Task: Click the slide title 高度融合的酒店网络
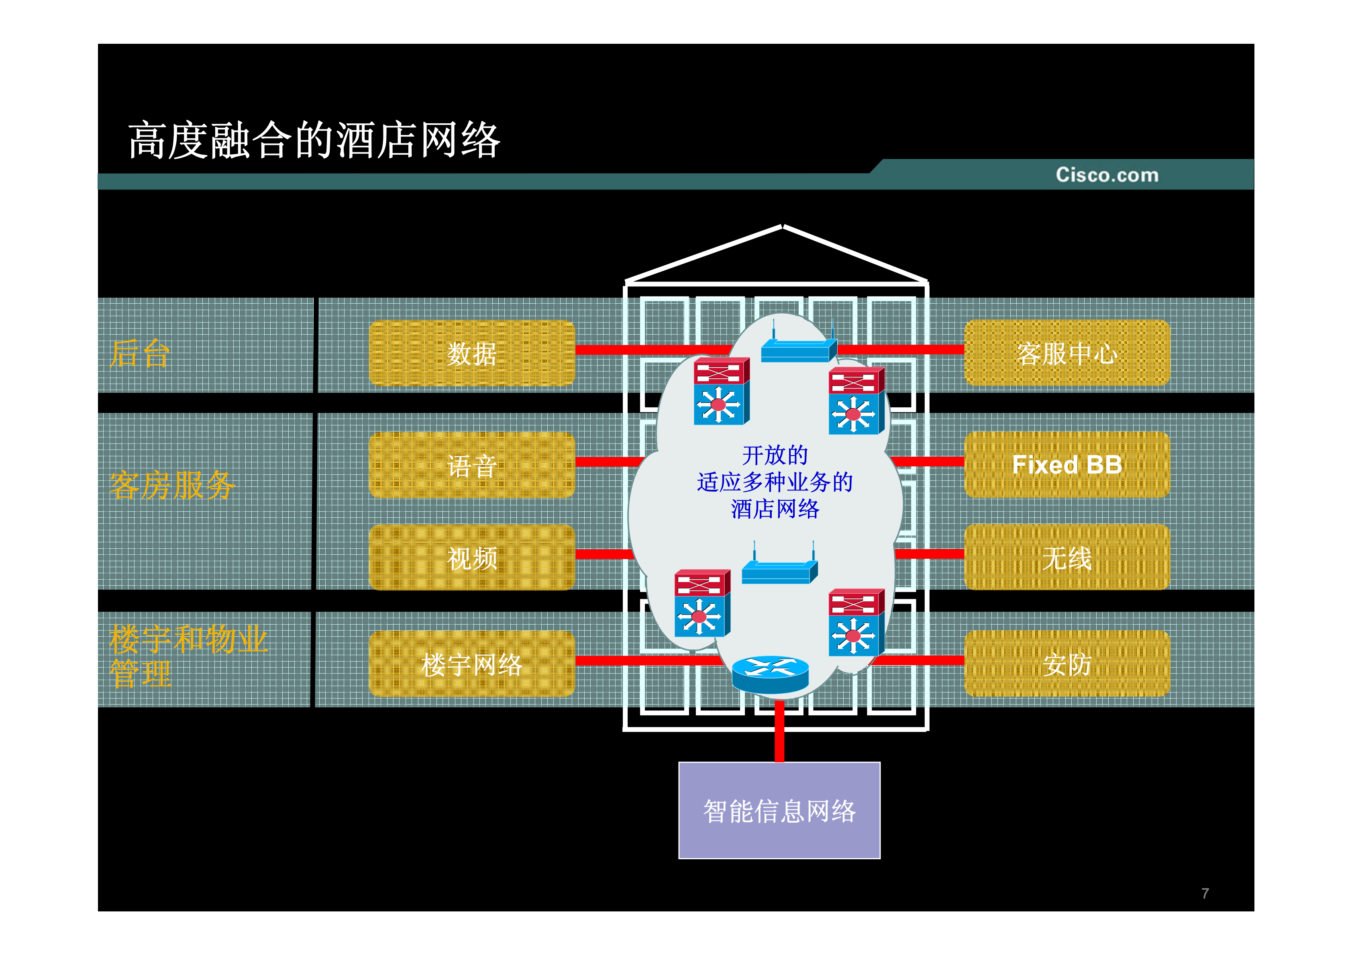tap(314, 140)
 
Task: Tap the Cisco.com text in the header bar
tap(1106, 175)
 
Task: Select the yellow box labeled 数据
tap(472, 353)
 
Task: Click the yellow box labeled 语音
tap(472, 465)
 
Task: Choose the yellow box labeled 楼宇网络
tap(472, 664)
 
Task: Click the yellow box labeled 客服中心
tap(1067, 353)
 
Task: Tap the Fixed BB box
tap(1067, 465)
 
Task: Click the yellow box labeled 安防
tap(1067, 664)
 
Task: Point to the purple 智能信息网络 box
tap(779, 811)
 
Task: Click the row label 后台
tap(140, 353)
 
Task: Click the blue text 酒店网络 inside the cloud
tap(775, 509)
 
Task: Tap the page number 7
tap(1205, 893)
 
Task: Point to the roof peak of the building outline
tap(782, 227)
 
